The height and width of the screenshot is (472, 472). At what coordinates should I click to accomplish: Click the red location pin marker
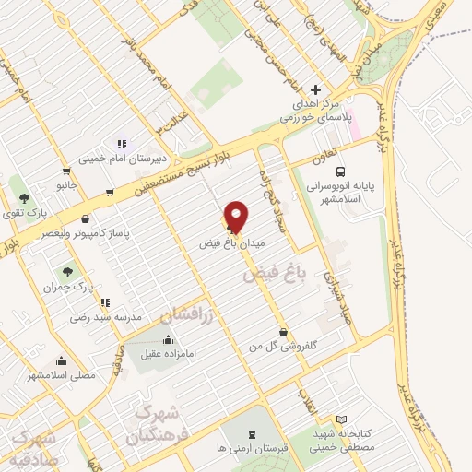coord(237,217)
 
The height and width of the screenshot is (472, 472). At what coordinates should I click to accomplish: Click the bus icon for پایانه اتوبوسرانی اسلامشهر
coord(341,171)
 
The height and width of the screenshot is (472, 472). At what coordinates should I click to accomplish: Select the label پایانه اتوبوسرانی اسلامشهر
coord(342,192)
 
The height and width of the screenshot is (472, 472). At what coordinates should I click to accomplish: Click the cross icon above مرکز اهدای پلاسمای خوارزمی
coord(316,89)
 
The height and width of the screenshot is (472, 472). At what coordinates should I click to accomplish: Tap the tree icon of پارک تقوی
coord(24,197)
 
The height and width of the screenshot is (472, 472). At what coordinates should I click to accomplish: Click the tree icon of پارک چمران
coord(66,272)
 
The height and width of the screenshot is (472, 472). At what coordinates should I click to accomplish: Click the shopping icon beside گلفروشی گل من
coord(283,332)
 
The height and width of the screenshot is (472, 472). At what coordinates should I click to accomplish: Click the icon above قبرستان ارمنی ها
coord(252,433)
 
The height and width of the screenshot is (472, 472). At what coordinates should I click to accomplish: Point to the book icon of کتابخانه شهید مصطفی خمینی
coord(342,419)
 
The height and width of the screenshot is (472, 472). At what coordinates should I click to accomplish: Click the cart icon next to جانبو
coord(66,171)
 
